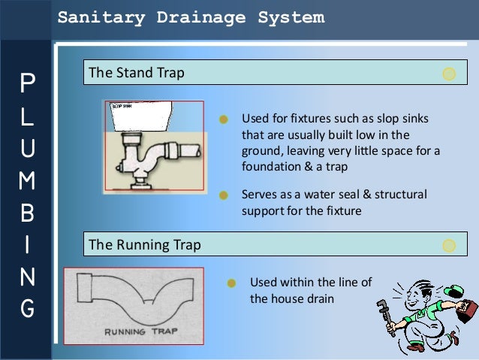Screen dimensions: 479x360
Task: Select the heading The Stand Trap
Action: tap(136, 74)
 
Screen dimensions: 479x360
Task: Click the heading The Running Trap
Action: tap(144, 245)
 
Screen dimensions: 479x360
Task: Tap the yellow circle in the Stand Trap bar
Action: tap(449, 74)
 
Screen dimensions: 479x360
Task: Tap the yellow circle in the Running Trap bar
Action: tap(449, 245)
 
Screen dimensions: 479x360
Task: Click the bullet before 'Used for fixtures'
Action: tap(223, 119)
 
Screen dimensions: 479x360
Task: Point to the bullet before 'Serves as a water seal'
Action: tap(223, 195)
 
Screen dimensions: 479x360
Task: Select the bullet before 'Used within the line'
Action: tap(232, 283)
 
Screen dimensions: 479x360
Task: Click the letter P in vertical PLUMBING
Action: tap(27, 83)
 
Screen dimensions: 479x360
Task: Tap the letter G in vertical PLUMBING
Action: tap(27, 308)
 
